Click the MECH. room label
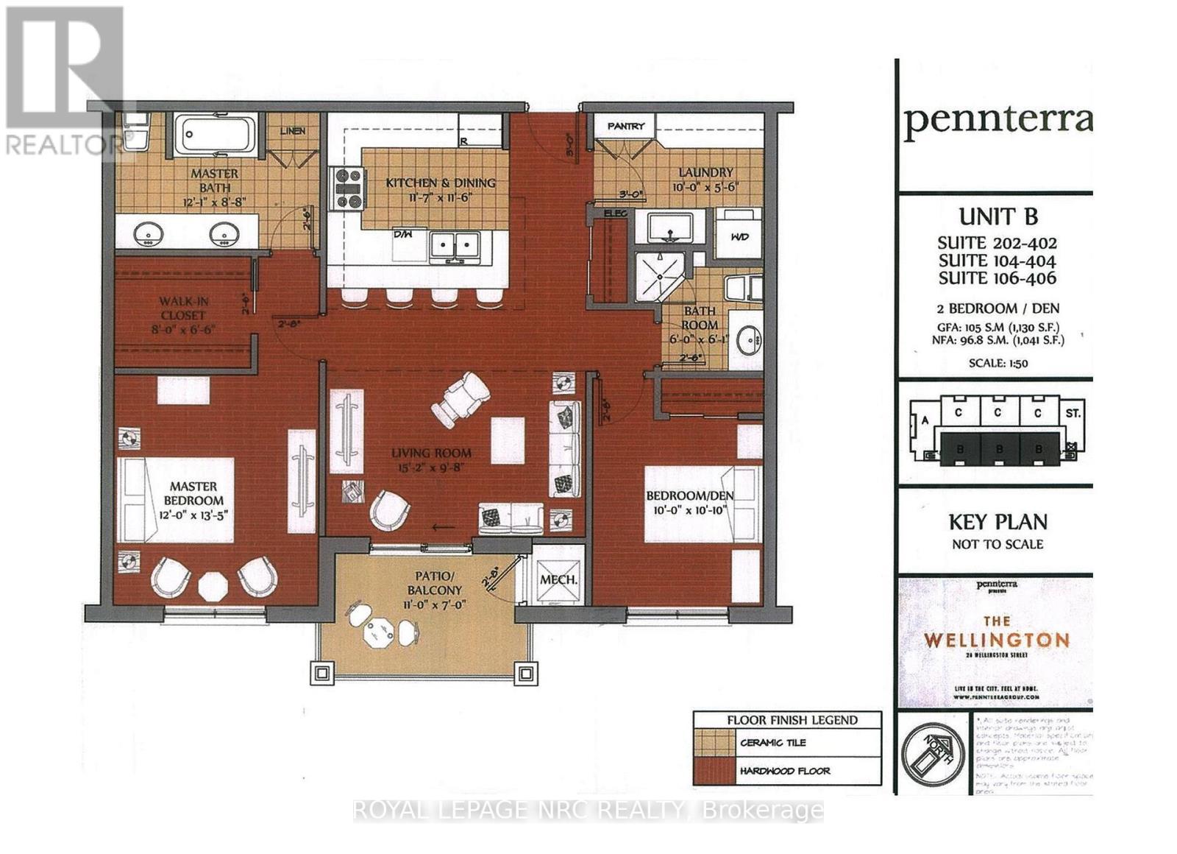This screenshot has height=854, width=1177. [x=558, y=579]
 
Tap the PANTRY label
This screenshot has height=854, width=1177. [x=625, y=126]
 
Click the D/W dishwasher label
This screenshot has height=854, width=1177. [x=402, y=235]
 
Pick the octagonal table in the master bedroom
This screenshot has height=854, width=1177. [x=214, y=586]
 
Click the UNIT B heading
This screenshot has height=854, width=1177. [x=998, y=216]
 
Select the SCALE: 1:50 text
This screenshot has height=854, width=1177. [x=998, y=363]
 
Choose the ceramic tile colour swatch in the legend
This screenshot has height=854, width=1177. [x=714, y=743]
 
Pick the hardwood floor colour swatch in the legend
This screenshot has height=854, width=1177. [x=714, y=771]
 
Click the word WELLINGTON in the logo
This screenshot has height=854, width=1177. [x=996, y=640]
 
